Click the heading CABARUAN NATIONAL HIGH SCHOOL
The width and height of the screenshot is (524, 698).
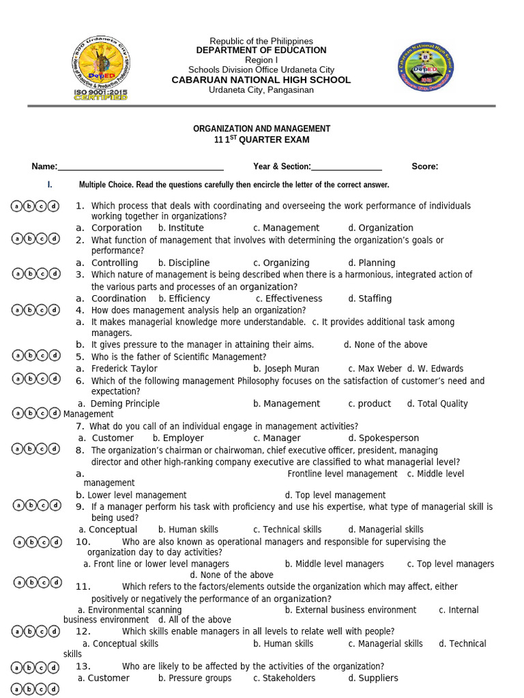coord(261,80)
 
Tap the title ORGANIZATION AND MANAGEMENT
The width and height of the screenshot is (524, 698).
coord(261,128)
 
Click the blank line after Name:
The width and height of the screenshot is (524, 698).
coord(141,166)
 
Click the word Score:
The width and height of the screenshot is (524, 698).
coord(424,166)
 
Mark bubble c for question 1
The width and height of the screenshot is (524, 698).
coord(42,206)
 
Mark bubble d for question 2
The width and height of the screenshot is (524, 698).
coord(54,239)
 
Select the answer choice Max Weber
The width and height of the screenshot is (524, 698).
coord(379,369)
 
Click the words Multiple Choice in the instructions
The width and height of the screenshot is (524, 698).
coord(105,185)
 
